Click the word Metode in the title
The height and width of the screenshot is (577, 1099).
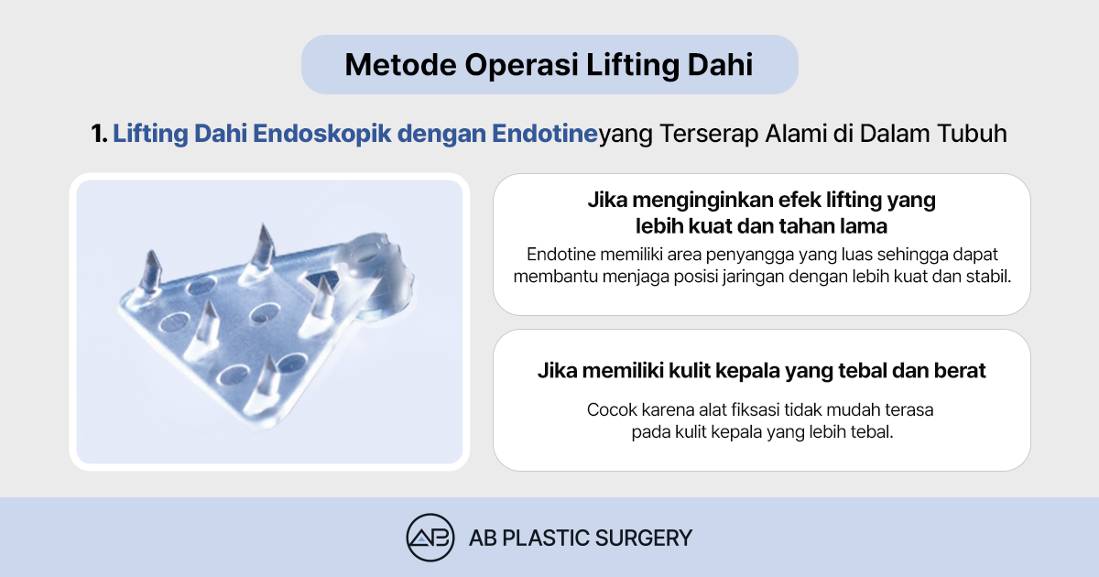point(400,64)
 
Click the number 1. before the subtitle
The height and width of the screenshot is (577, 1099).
point(99,134)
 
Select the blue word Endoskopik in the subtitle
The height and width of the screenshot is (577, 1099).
point(321,134)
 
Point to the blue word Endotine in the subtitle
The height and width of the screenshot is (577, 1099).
point(545,134)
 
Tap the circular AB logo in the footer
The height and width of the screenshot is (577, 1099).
point(430,538)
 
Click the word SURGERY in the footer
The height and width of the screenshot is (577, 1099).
point(643,539)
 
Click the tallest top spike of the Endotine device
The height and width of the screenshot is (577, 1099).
point(264,250)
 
